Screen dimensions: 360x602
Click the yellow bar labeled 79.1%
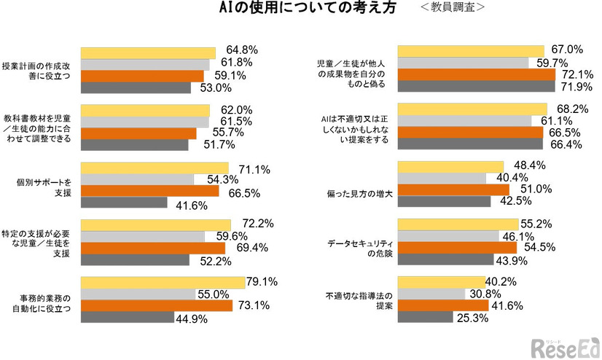[163, 283]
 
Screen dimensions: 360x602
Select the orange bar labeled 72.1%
[476, 74]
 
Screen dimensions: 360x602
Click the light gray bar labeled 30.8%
[431, 294]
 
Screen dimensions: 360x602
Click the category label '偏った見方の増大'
[359, 195]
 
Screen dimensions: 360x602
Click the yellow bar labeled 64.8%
[148, 52]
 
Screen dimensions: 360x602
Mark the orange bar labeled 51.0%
[453, 189]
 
